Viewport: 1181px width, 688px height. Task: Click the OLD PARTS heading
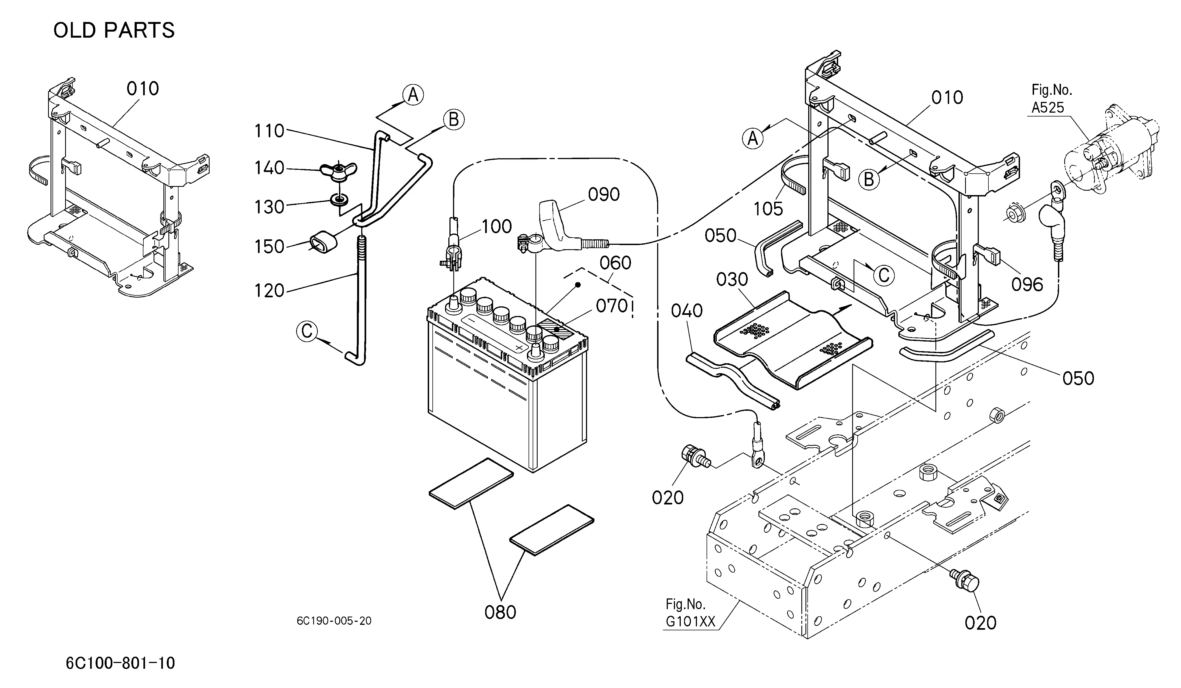coord(114,30)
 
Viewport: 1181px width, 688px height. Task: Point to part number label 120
coord(269,291)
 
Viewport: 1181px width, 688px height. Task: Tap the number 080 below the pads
coord(501,612)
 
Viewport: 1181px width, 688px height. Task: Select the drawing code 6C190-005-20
coord(334,621)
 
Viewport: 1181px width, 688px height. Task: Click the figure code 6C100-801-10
coord(120,663)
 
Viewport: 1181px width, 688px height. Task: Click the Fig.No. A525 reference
coord(1051,99)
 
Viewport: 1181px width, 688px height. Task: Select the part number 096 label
coord(1027,284)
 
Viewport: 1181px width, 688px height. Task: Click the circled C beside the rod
coord(307,331)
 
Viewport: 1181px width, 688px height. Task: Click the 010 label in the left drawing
coord(143,88)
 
